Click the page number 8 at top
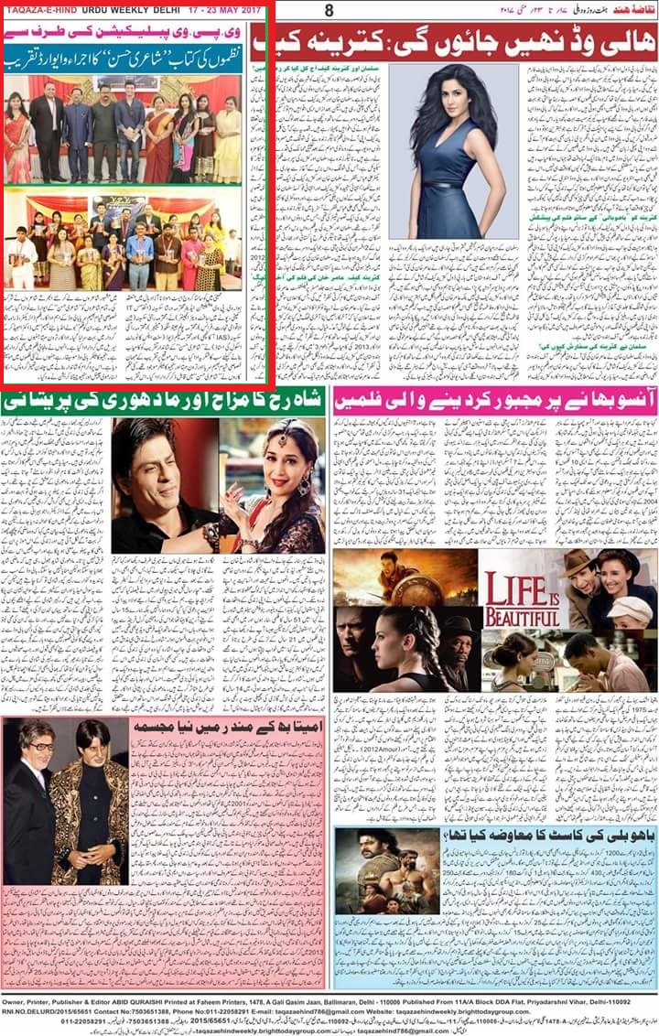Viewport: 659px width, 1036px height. coord(329,10)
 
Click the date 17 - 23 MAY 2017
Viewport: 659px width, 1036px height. coord(222,10)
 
